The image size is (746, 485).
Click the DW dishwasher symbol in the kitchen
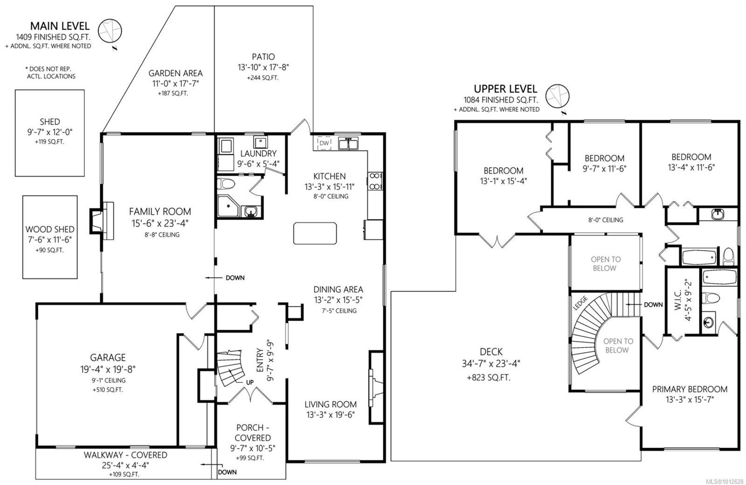(x=324, y=143)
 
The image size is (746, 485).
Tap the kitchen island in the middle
(x=315, y=234)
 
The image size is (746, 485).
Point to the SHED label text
(x=50, y=122)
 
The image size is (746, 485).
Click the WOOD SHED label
(x=50, y=229)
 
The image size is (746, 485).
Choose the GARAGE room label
(x=108, y=358)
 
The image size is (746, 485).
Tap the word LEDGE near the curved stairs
(x=580, y=303)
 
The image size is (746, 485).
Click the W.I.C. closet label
(x=678, y=299)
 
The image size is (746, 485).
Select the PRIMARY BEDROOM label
(x=690, y=389)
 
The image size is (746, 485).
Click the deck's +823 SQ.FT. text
(x=489, y=378)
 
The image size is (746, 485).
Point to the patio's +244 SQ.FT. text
(x=263, y=78)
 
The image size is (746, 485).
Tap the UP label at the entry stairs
(x=250, y=382)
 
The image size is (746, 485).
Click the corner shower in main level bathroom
(x=228, y=206)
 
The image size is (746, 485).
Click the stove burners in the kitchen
(x=375, y=181)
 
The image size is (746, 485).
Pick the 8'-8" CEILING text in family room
(x=162, y=235)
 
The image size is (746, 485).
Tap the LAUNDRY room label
(x=258, y=153)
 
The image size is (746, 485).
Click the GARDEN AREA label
(x=175, y=73)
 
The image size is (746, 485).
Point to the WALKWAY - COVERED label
(x=125, y=455)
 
